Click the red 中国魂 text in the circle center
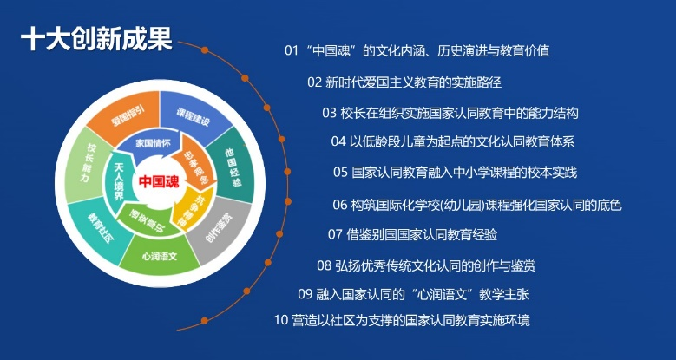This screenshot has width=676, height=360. point(158,182)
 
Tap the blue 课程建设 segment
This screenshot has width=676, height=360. point(192,115)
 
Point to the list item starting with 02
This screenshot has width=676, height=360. point(404,82)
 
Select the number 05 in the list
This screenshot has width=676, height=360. point(340,172)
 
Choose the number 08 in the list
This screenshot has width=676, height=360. point(324,265)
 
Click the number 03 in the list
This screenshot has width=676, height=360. point(329,113)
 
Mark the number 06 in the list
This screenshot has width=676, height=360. point(340,205)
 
